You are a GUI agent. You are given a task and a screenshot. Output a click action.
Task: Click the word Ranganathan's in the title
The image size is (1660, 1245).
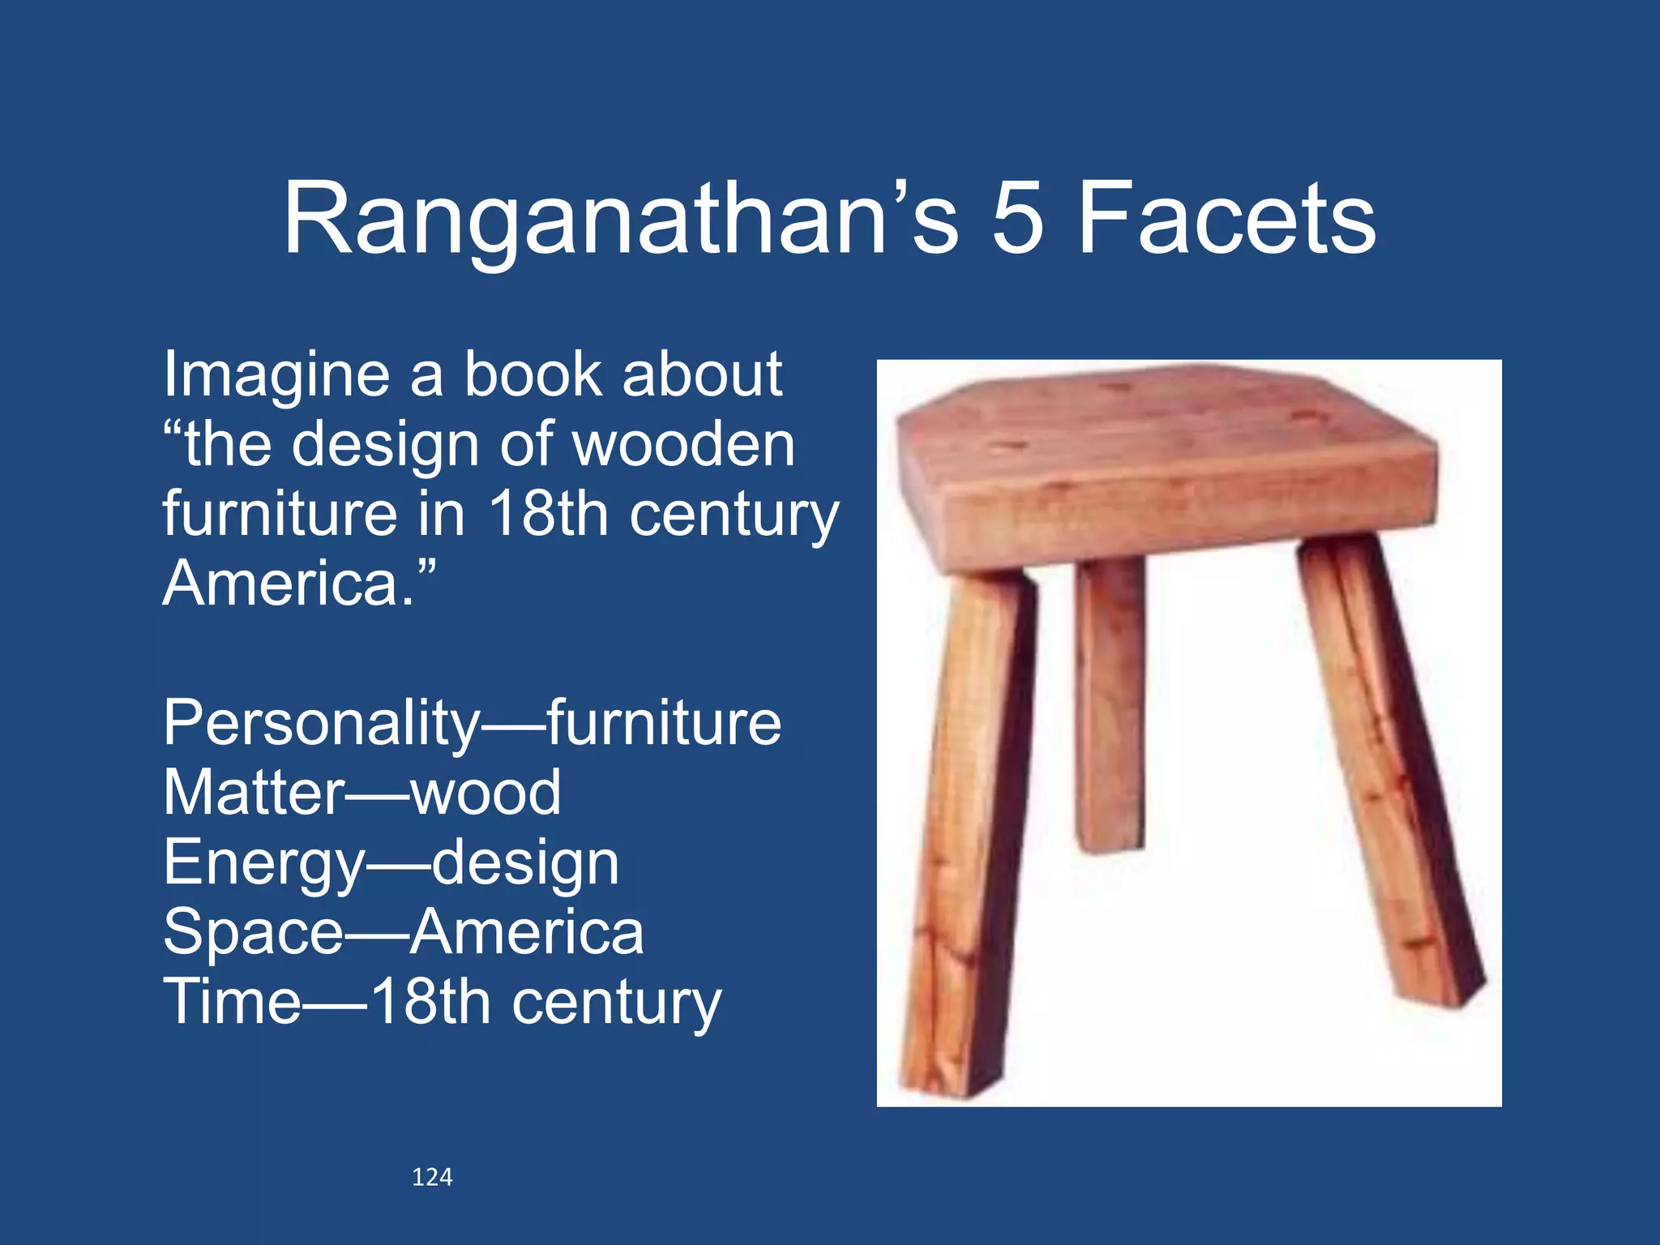(620, 219)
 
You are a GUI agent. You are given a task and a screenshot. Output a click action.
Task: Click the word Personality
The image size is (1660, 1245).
(322, 723)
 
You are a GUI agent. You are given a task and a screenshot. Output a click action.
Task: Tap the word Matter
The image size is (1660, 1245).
(254, 792)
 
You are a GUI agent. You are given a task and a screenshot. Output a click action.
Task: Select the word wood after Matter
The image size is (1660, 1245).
(486, 792)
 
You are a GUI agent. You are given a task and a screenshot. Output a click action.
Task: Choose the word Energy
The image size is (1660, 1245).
(264, 864)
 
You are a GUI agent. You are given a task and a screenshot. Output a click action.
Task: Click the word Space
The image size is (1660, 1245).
(253, 932)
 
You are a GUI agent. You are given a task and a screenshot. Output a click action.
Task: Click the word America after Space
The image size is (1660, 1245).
(526, 932)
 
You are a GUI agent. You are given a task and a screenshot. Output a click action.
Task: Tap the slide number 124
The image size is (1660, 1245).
(432, 1177)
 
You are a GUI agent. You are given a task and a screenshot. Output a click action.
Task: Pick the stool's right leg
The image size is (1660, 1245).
(1390, 770)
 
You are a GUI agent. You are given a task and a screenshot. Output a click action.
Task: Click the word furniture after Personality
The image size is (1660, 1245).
(664, 723)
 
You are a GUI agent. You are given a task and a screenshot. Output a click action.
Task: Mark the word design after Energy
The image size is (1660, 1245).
(525, 864)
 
